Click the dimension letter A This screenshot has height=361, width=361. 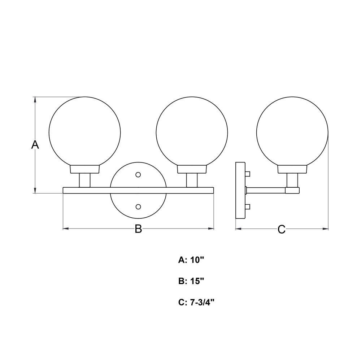[x=35, y=145]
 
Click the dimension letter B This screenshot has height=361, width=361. [x=138, y=229]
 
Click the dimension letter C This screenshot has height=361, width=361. [x=281, y=229]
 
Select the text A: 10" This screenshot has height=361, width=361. [x=191, y=260]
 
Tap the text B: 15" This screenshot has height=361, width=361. [x=191, y=281]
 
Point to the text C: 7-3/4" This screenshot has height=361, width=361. [x=196, y=302]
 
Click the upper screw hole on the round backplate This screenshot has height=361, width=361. [x=138, y=175]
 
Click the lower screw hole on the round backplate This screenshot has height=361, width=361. [x=138, y=207]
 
